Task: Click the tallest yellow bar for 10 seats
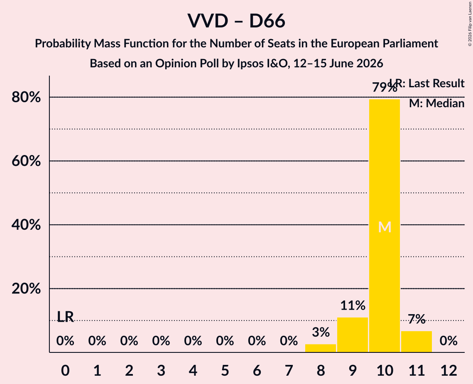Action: [x=385, y=226]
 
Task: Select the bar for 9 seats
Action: [x=353, y=335]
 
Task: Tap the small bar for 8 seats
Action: [x=321, y=348]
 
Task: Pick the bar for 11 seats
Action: [x=417, y=342]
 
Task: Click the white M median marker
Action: [x=385, y=227]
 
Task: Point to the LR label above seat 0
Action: [x=66, y=317]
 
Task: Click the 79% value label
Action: [x=385, y=88]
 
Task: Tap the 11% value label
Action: [x=353, y=305]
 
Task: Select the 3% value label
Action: [x=321, y=332]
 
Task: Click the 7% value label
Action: [x=417, y=319]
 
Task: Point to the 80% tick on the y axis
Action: [x=26, y=97]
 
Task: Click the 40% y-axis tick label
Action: [x=26, y=225]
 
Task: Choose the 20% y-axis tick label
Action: [x=26, y=288]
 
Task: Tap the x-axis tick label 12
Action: [x=448, y=370]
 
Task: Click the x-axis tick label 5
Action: [x=225, y=370]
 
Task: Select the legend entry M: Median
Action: [x=436, y=103]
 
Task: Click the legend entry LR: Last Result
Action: [x=427, y=83]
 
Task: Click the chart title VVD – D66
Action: [x=237, y=21]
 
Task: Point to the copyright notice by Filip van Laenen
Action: [x=470, y=24]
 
